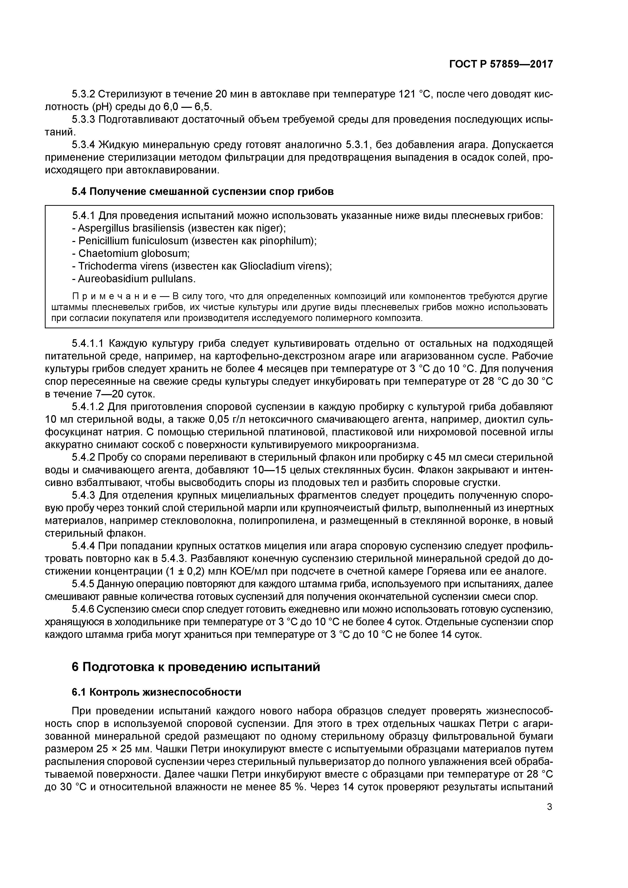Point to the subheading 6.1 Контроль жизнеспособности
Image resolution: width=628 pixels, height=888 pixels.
click(x=156, y=692)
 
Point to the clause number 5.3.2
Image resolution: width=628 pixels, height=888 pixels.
click(x=83, y=94)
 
